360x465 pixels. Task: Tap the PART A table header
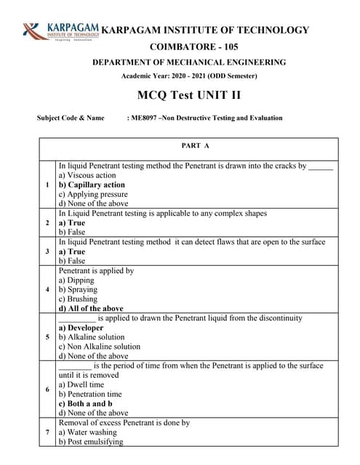196,146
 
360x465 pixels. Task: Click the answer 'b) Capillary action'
92,185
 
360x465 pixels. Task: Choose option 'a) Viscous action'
87,175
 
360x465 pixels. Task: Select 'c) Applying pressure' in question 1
93,195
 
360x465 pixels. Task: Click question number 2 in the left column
47,223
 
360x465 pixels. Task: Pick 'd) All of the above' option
91,309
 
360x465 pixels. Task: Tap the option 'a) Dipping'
76,280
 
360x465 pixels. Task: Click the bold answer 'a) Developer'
81,328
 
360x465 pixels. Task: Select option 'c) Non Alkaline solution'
99,347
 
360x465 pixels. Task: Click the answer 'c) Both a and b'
85,403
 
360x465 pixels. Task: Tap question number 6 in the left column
47,389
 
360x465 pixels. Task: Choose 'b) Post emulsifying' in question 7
91,441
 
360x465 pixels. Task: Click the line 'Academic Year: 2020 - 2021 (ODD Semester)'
189,76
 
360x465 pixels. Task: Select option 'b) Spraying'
78,290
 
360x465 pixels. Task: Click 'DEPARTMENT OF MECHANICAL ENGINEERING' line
189,62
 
